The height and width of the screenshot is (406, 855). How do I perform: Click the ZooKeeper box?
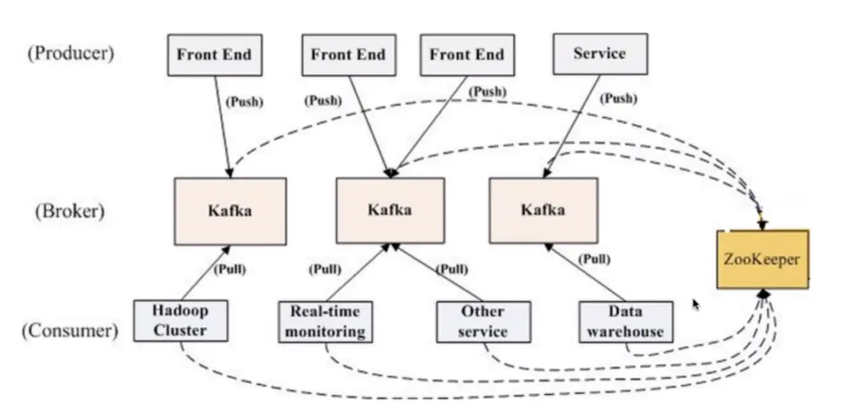762,259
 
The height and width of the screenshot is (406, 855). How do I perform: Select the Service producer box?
600,54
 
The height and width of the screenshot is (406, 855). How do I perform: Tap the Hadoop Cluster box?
180,321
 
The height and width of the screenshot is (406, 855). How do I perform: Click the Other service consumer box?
483,321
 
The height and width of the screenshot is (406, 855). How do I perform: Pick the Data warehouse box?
625,321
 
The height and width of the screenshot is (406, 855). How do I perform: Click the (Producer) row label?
70,53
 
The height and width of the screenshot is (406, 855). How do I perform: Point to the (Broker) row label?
70,211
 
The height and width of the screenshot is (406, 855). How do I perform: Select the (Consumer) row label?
70,330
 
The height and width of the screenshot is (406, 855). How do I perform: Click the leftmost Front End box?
214,54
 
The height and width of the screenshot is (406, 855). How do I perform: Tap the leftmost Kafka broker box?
230,211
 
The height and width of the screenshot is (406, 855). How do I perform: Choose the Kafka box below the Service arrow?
543,210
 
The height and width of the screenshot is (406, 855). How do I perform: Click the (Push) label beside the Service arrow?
618,99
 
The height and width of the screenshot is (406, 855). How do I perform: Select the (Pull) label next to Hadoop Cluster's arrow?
230,269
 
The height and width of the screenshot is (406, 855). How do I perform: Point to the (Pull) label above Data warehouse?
594,259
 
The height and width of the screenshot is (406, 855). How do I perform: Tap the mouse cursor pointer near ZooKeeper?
696,304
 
